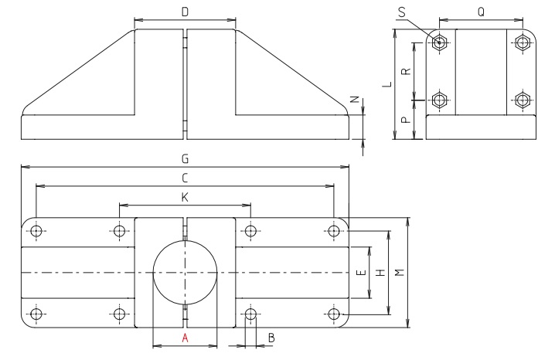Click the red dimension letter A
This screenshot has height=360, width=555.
(x=185, y=338)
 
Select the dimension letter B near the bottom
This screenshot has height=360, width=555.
(x=271, y=338)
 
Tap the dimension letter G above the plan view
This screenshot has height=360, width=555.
(x=185, y=158)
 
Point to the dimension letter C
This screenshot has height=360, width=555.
(x=185, y=178)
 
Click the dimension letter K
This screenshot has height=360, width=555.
(x=185, y=198)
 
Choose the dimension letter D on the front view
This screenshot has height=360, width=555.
(x=185, y=12)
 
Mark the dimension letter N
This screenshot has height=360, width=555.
(x=355, y=99)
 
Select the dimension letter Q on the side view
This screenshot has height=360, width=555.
(x=482, y=12)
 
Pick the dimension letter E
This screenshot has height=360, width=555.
(x=361, y=273)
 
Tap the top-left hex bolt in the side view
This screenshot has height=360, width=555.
(x=440, y=42)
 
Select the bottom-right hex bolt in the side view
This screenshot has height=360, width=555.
(x=523, y=100)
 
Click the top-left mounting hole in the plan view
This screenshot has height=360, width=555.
(x=36, y=230)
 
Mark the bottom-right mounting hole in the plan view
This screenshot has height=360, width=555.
(x=334, y=314)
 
